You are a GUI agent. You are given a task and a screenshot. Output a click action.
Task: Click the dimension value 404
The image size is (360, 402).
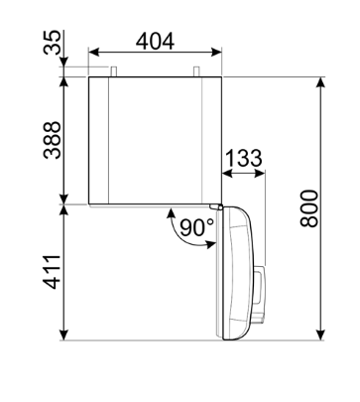click(x=155, y=42)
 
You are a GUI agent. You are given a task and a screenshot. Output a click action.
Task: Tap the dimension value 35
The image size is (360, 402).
click(x=53, y=42)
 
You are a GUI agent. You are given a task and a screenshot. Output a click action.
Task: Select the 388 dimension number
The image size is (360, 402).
click(x=53, y=140)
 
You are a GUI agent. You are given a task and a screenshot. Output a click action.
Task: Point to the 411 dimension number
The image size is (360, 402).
click(x=53, y=272)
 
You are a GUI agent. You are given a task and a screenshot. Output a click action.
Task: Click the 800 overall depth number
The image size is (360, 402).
click(x=308, y=208)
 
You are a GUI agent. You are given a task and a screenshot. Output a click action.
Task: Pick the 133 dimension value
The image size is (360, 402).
click(x=244, y=158)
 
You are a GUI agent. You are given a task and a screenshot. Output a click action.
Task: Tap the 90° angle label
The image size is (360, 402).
click(x=197, y=228)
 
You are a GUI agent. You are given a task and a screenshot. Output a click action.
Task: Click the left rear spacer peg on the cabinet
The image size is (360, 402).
click(x=113, y=71)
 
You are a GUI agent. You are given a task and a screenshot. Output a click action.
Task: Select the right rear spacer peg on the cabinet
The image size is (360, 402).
click(x=196, y=71)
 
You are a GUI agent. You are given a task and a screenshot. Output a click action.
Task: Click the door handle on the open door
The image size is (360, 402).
click(x=260, y=286)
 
